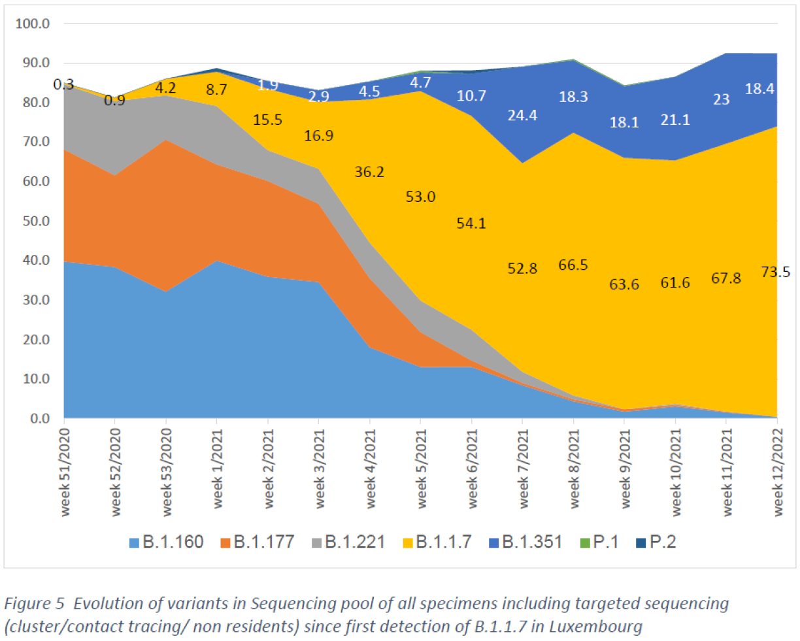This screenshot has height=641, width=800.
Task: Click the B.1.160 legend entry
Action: click(x=167, y=542)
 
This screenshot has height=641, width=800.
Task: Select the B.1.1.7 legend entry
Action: click(x=437, y=542)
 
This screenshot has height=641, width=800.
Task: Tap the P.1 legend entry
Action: click(x=600, y=542)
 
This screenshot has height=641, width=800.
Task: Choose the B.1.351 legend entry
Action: click(x=526, y=542)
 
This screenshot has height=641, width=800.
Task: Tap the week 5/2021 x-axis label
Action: click(x=422, y=468)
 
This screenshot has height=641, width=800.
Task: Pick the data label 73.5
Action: click(x=775, y=272)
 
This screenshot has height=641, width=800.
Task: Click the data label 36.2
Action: click(x=369, y=172)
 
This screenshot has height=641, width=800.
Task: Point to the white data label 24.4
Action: click(x=522, y=116)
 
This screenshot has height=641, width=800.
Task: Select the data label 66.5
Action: click(x=573, y=265)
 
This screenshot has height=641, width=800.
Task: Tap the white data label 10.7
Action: click(x=471, y=96)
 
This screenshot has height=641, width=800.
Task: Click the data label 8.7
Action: click(x=216, y=90)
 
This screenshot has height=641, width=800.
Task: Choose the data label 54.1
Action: click(x=471, y=223)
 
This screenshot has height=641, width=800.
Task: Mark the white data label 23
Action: click(x=721, y=99)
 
